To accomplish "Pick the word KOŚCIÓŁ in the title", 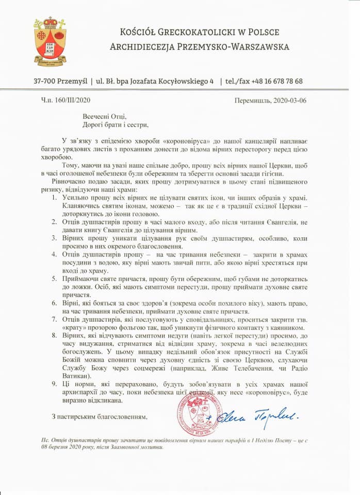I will (138, 32).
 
